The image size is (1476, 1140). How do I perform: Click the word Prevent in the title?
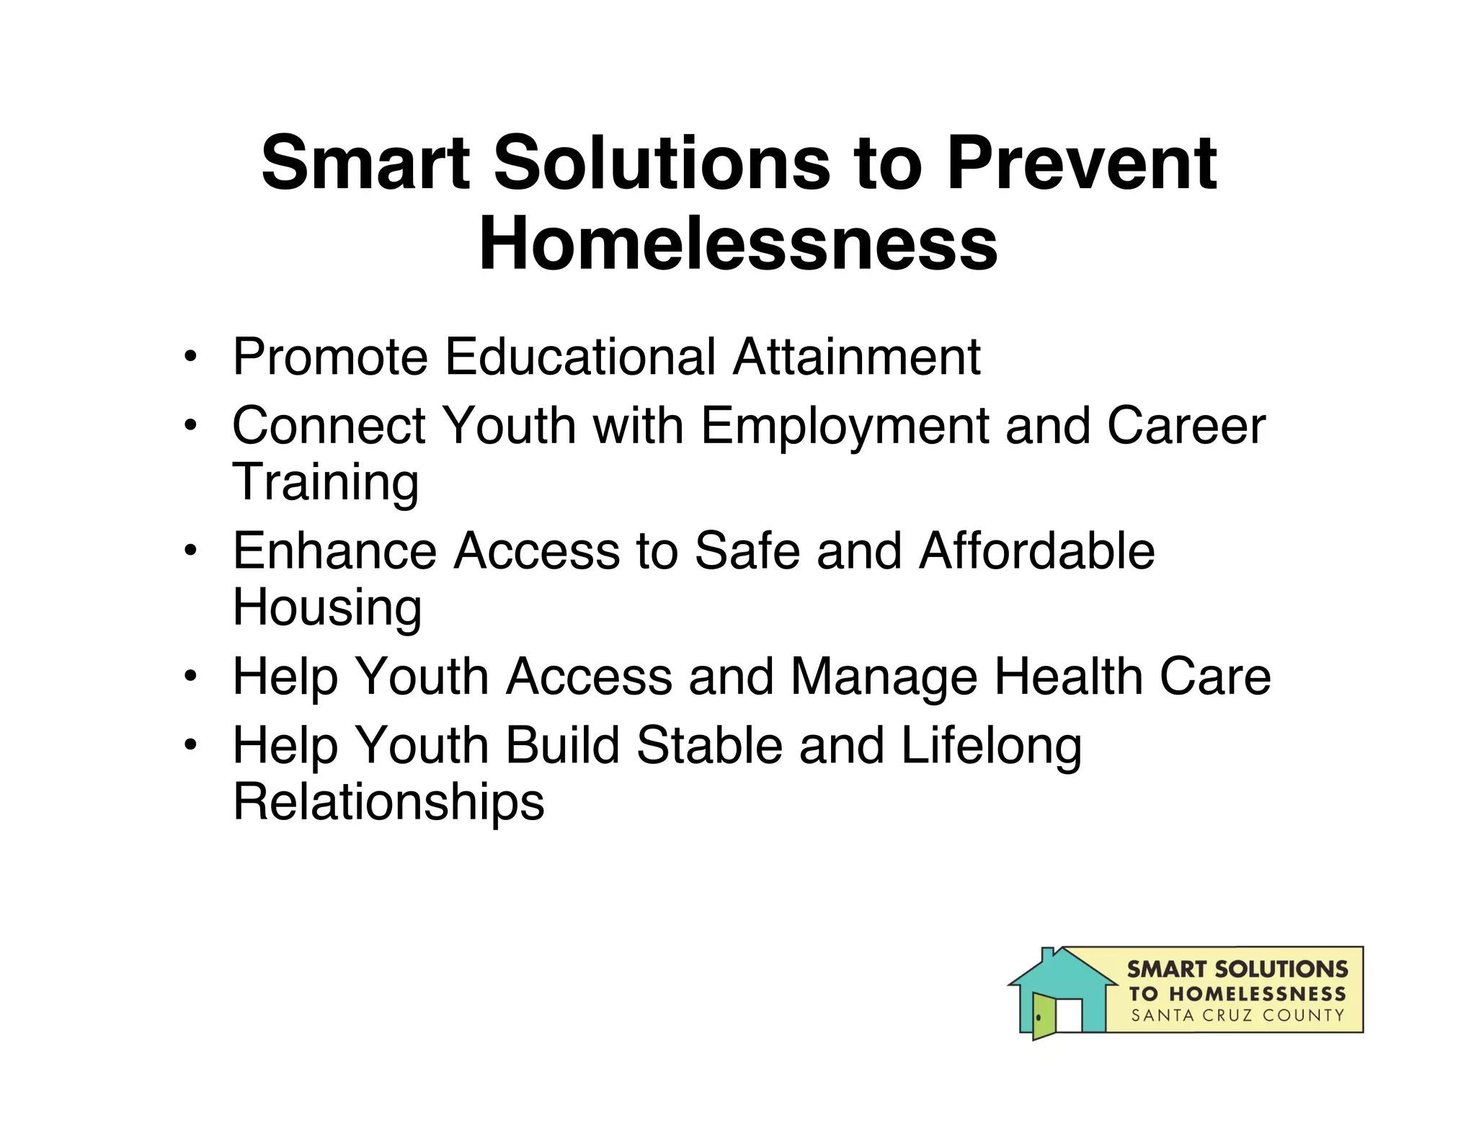[x=1081, y=164]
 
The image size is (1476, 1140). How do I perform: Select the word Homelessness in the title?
[x=738, y=245]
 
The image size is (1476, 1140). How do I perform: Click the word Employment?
[x=844, y=427]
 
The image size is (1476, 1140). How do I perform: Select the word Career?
[x=1186, y=425]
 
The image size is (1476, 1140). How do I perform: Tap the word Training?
[x=325, y=482]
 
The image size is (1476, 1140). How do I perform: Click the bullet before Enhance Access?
[x=190, y=551]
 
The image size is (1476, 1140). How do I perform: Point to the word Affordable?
[x=1036, y=551]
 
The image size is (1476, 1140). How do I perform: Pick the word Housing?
[x=326, y=608]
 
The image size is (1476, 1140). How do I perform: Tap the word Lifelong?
[x=991, y=747]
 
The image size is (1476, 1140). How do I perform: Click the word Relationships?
[x=388, y=802]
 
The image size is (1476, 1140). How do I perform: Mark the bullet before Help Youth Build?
[x=190, y=745]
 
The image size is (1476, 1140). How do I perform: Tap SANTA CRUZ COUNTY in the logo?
[x=1237, y=1015]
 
